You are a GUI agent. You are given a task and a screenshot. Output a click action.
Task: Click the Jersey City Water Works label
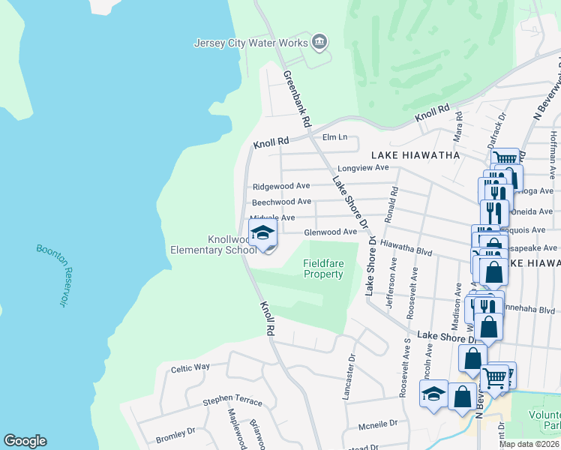click(250, 43)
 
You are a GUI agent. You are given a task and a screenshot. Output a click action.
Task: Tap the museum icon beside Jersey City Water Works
click(319, 41)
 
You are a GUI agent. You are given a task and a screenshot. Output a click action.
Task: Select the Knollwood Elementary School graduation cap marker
click(262, 234)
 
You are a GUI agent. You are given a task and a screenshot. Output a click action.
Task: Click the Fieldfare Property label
click(323, 268)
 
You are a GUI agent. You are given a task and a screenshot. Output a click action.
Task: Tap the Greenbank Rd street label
click(297, 97)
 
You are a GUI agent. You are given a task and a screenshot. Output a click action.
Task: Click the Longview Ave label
click(363, 167)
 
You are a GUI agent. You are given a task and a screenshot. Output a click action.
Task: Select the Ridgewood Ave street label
click(281, 186)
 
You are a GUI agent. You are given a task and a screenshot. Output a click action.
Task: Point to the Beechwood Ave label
click(281, 202)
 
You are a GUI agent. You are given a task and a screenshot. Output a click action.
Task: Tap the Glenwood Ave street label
click(330, 232)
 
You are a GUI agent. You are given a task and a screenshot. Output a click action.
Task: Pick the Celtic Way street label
click(190, 367)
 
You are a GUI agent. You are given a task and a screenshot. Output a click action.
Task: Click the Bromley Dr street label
click(175, 433)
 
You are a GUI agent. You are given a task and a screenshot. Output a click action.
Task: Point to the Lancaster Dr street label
click(348, 378)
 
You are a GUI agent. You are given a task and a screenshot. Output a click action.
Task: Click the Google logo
click(25, 441)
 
